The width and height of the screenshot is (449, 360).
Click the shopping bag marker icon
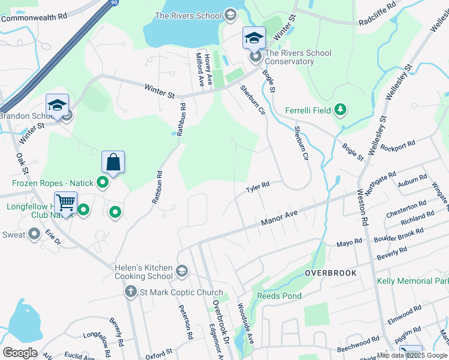pos(113,161)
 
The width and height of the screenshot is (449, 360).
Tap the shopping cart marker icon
pos(65,202)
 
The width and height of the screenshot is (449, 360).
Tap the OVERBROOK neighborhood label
pos(330,273)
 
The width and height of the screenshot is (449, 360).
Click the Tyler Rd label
pos(256,188)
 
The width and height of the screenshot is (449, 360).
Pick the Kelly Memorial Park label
pos(412,281)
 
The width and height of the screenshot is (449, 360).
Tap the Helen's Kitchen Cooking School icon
pos(181,272)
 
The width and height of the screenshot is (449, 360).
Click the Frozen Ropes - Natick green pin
pos(103,182)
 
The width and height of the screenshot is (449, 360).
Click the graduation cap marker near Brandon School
pos(58,106)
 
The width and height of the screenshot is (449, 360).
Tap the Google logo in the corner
pos(20,352)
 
